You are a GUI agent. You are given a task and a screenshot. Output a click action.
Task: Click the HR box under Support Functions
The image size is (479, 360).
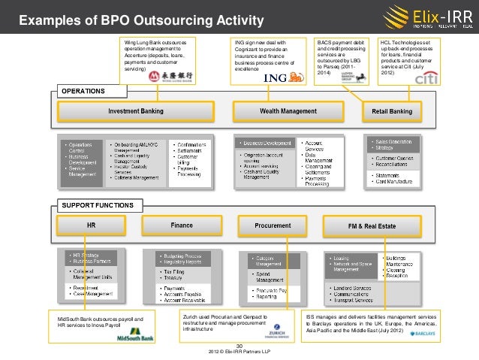pos(91,225)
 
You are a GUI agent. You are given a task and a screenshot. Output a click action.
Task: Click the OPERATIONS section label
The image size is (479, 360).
pos(83,91)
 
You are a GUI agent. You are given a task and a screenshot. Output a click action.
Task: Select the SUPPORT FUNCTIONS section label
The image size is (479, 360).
pos(98,204)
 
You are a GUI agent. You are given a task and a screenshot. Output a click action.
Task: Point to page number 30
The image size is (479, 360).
pos(239,346)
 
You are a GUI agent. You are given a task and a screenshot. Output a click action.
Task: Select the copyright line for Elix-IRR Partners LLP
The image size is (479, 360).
pos(240,352)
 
